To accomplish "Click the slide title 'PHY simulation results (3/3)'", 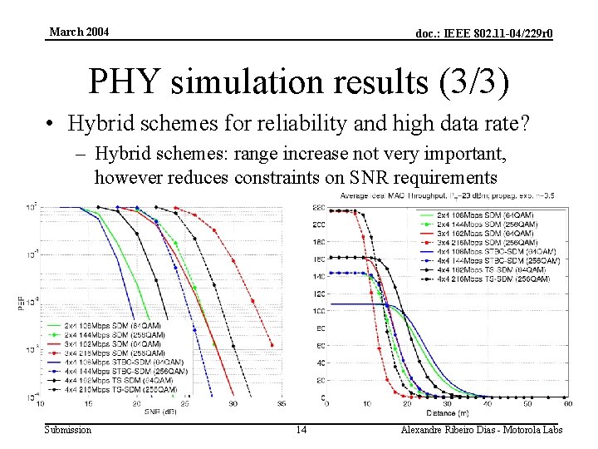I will point(299,81).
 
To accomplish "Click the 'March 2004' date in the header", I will point(79,32).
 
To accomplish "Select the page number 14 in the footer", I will point(301,429).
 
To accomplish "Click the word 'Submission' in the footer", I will point(68,429).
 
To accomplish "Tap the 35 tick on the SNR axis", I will point(281,404).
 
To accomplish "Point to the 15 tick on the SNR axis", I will point(89,404).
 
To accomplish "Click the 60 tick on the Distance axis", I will point(567,404).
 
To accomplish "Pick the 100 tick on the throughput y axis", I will point(319,312).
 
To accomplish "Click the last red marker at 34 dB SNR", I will point(272,343).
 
